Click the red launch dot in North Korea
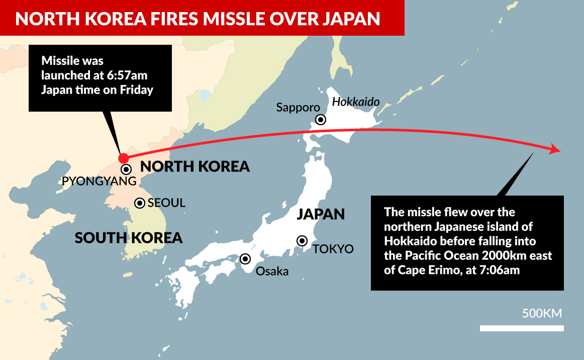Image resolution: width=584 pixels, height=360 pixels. click(123, 158)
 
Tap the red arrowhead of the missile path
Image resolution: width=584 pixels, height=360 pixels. click(555, 149)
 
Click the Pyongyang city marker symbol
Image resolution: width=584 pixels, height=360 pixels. click(126, 169)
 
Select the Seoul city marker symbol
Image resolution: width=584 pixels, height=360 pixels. click(140, 203)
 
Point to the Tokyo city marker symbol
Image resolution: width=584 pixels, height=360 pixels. click(302, 241)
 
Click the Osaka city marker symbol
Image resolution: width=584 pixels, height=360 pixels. click(245, 259)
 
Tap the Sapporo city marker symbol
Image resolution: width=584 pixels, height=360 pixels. click(320, 120)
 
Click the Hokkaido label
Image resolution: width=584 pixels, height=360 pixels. click(355, 102)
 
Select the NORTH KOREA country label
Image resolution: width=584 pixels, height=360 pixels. click(194, 166)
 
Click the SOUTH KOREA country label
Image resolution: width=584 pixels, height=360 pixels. click(128, 237)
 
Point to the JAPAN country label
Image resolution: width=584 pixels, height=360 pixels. click(321, 214)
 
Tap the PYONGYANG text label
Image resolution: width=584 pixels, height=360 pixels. click(99, 182)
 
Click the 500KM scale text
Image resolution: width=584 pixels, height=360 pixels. click(541, 314)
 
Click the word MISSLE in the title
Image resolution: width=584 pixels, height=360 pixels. click(233, 19)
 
